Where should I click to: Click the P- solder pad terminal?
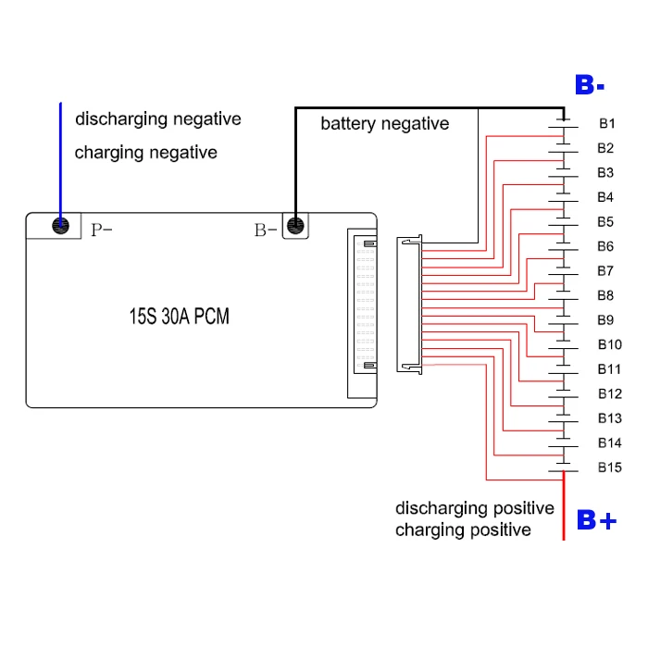pos(61,226)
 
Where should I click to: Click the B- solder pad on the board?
pos(295,226)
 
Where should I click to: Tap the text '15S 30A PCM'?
pos(179,317)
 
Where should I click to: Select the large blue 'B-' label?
pos(590,86)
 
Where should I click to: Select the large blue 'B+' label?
pos(595,520)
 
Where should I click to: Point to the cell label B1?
pos(606,123)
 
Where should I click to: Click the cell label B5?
pos(605,222)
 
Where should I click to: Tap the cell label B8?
pos(605,295)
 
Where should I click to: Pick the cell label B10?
pos(609,344)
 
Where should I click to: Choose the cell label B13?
pos(609,418)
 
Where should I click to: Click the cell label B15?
pos(609,467)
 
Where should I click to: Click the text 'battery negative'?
pos(384,124)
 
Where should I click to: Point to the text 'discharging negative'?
pos(157,119)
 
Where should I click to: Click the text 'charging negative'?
pos(145,153)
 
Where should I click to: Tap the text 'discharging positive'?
pos(474,508)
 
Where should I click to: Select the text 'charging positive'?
pos(463,530)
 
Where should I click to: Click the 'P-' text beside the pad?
pos(101,230)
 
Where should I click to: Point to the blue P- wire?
pos(61,157)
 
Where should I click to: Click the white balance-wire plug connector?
pos(409,305)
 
